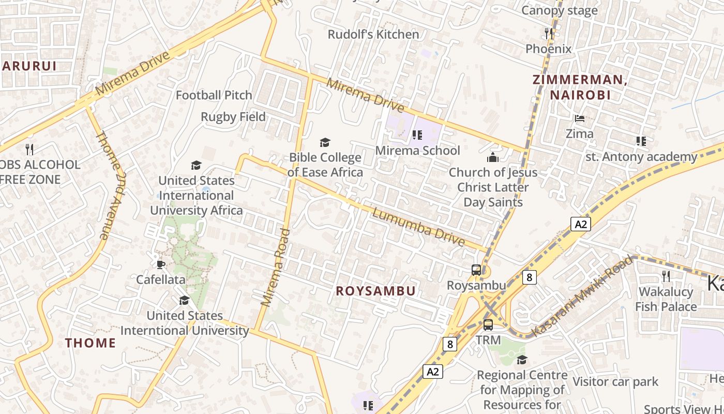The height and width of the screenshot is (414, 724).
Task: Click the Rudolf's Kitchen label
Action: tap(373, 35)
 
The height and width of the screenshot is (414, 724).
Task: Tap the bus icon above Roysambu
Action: tap(476, 270)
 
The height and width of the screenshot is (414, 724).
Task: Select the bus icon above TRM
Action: tap(488, 325)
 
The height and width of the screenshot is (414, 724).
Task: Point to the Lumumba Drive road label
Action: tap(418, 227)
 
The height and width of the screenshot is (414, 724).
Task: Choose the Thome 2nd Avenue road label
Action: tap(110, 185)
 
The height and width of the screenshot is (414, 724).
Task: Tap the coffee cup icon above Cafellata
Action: tap(160, 264)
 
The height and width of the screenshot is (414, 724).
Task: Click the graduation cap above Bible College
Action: tap(325, 142)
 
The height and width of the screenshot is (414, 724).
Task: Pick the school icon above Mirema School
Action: tap(417, 136)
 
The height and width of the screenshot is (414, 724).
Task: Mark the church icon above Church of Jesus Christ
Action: tap(493, 157)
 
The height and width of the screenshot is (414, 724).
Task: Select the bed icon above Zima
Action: tap(579, 119)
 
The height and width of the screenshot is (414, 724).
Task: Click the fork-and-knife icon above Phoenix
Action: tap(549, 34)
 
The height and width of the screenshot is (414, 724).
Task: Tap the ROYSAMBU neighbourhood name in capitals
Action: tap(375, 291)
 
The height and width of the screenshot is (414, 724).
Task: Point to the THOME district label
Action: tap(90, 343)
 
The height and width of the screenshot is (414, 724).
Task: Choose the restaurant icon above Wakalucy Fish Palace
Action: tap(666, 276)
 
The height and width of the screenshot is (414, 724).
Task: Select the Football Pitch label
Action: tap(214, 95)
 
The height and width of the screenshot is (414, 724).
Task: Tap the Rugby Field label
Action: tap(233, 117)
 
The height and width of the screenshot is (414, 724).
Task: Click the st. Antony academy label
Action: tap(641, 157)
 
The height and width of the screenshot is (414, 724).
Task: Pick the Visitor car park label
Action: tap(615, 382)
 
